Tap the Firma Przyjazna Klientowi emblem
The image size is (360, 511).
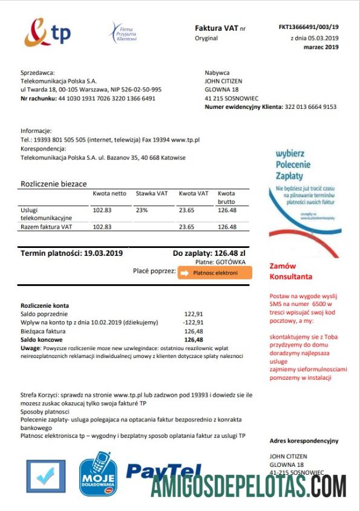(x=123, y=32)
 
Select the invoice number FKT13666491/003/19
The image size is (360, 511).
(x=309, y=27)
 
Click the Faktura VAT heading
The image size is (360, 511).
(x=216, y=28)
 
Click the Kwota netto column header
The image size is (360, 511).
(x=110, y=194)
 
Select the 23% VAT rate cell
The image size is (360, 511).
(x=142, y=210)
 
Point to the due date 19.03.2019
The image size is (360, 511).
(x=103, y=253)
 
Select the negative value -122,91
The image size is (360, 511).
(x=193, y=323)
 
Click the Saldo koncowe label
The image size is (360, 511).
(x=41, y=340)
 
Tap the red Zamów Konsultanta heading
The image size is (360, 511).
(x=291, y=271)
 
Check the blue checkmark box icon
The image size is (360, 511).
(x=45, y=477)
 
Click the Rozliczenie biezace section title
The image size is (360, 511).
(x=53, y=183)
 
